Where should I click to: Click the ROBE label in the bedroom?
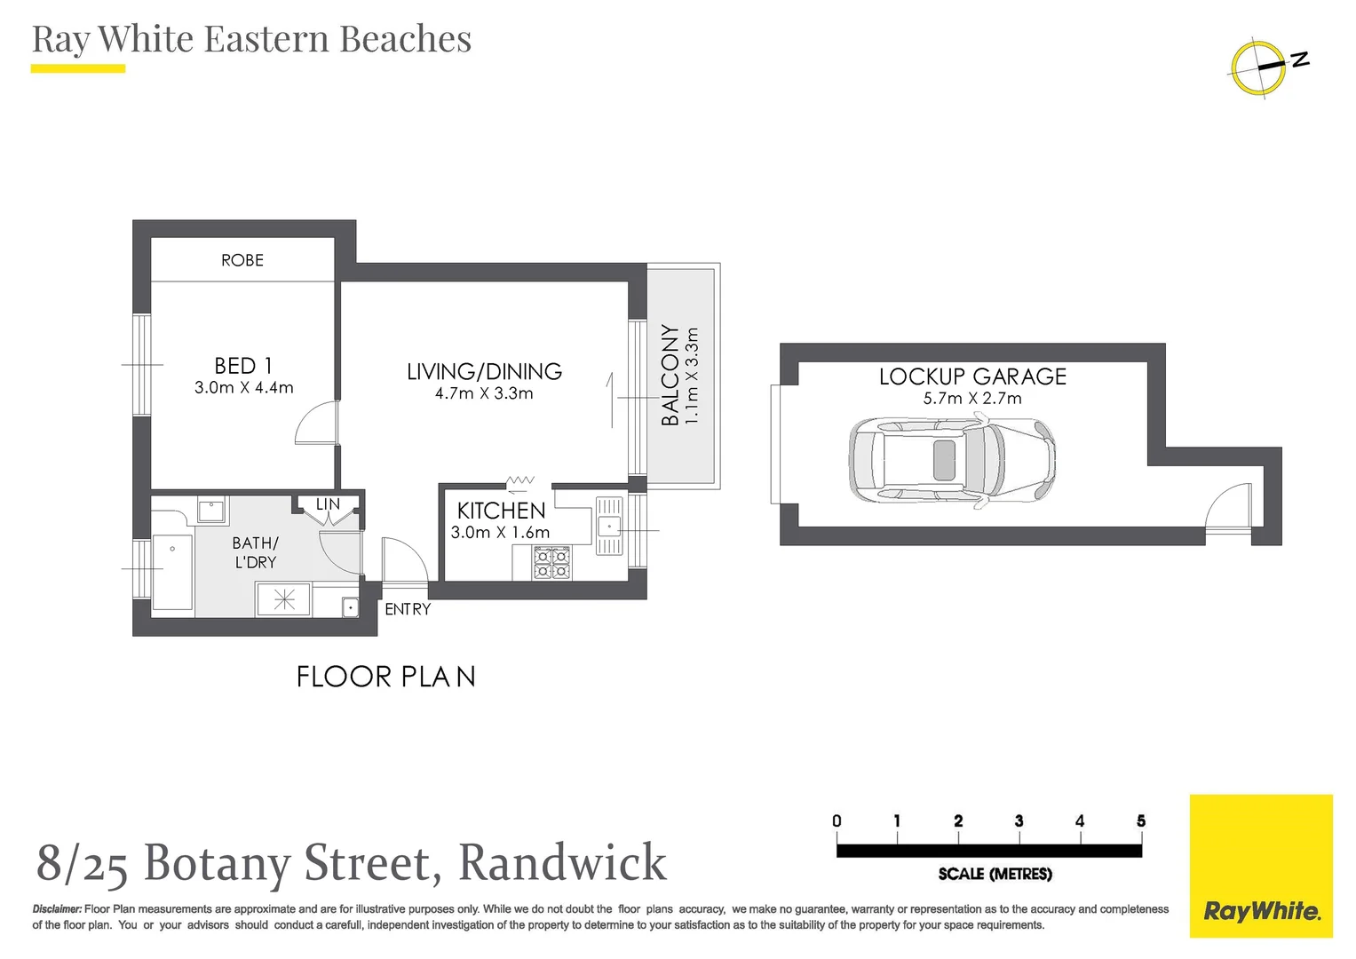pyautogui.click(x=242, y=260)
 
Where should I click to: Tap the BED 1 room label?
pyautogui.click(x=243, y=366)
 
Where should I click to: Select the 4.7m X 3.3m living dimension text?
pyautogui.click(x=484, y=393)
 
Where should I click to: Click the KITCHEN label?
pyautogui.click(x=501, y=511)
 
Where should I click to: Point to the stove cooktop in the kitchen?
pyautogui.click(x=551, y=563)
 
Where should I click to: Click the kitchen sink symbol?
pyautogui.click(x=609, y=525)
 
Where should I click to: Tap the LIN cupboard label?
pyautogui.click(x=328, y=504)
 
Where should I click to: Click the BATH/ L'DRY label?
pyautogui.click(x=256, y=552)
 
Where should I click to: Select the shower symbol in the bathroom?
pyautogui.click(x=284, y=599)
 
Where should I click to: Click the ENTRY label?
pyautogui.click(x=408, y=609)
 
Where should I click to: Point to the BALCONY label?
pyautogui.click(x=670, y=375)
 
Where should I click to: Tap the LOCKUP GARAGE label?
pyautogui.click(x=972, y=376)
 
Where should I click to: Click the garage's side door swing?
pyautogui.click(x=1228, y=508)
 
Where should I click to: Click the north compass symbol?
pyautogui.click(x=1258, y=67)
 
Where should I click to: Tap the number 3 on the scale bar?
pyautogui.click(x=1019, y=821)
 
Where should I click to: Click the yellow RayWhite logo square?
pyautogui.click(x=1261, y=866)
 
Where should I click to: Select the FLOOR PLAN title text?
pyautogui.click(x=386, y=677)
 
